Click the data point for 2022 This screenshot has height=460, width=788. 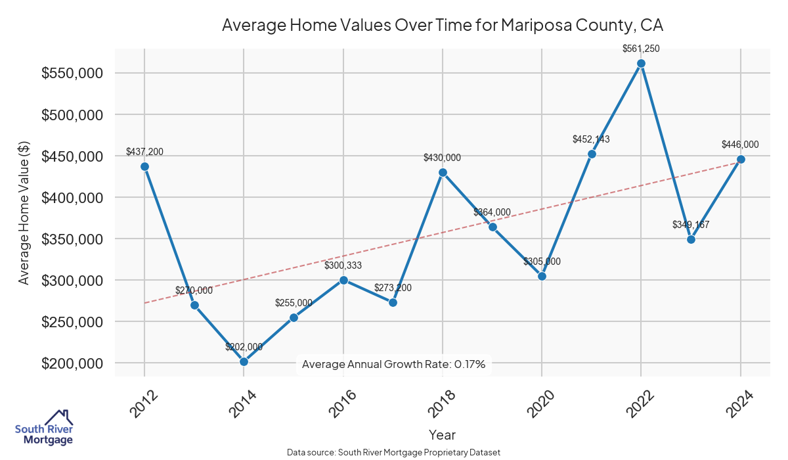click(x=641, y=64)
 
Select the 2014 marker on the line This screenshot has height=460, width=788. click(x=244, y=361)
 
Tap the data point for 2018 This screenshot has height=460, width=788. click(x=443, y=172)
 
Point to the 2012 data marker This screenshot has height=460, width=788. click(x=144, y=166)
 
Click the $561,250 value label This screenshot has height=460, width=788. click(x=641, y=48)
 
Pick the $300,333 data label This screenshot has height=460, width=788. click(x=343, y=265)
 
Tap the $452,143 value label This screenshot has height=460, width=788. click(x=592, y=139)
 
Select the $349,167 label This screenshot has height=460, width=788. click(x=691, y=225)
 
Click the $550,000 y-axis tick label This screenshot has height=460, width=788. click(x=72, y=73)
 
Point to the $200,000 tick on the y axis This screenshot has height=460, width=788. click(x=72, y=363)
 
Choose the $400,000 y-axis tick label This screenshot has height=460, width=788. click(x=72, y=197)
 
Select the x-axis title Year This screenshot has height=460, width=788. click(x=442, y=434)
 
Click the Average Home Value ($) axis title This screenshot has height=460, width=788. click(x=24, y=213)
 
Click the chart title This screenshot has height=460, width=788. click(x=443, y=26)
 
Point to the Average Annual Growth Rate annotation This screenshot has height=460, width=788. click(x=394, y=364)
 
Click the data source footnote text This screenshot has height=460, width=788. click(x=394, y=452)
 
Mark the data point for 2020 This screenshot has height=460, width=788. click(x=542, y=276)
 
